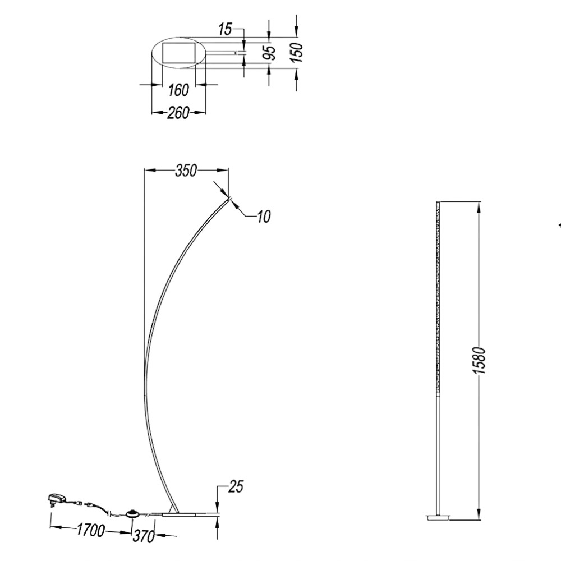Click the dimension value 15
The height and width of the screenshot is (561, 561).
pyautogui.click(x=225, y=29)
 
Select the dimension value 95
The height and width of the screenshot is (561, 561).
pyautogui.click(x=270, y=52)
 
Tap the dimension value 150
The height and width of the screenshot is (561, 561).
pyautogui.click(x=297, y=52)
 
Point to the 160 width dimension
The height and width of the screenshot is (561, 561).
pyautogui.click(x=178, y=90)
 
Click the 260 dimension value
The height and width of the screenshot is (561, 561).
pyautogui.click(x=178, y=113)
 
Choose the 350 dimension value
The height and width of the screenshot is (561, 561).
pyautogui.click(x=186, y=171)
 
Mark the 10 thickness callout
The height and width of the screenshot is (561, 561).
pyautogui.click(x=264, y=217)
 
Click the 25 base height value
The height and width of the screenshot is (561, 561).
pyautogui.click(x=236, y=486)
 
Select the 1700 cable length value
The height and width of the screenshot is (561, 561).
pyautogui.click(x=90, y=530)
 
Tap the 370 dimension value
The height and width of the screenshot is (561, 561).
pyautogui.click(x=144, y=536)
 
